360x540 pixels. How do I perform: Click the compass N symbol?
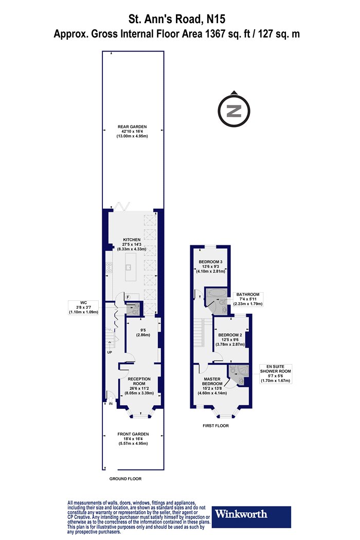(234, 111)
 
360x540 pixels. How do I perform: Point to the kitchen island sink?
(128, 267)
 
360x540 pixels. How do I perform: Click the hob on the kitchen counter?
(109, 267)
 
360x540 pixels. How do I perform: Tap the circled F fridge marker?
(128, 297)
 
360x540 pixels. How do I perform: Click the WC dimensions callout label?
(84, 308)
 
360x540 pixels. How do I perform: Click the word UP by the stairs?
(110, 352)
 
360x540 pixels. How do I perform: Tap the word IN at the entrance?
(111, 403)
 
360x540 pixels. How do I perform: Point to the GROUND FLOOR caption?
(125, 479)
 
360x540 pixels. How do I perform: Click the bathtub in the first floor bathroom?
(217, 294)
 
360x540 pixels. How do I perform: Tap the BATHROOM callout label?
(248, 299)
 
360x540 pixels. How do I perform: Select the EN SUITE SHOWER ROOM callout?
(276, 374)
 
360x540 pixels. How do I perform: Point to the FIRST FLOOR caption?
(215, 426)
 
